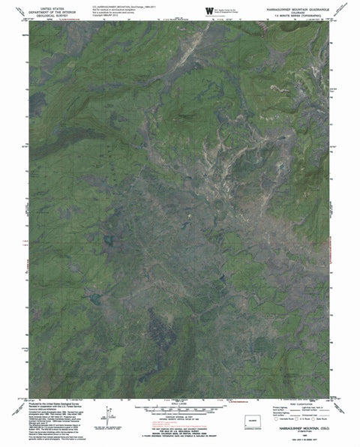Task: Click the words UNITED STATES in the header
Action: [x=57, y=5]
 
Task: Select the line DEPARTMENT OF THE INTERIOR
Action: [x=57, y=9]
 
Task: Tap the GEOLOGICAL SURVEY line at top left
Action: [x=57, y=13]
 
